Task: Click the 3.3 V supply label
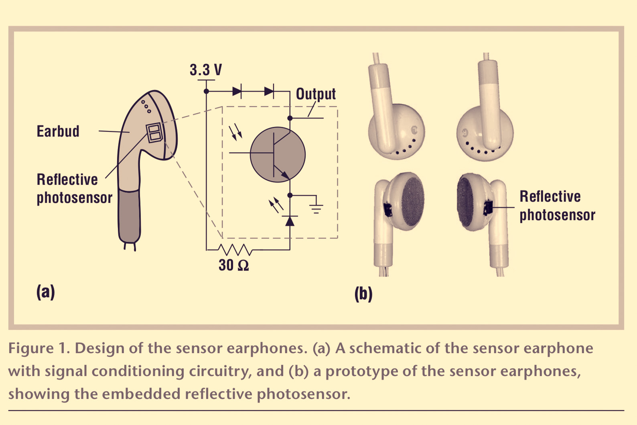tap(206, 70)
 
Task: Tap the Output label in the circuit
tap(316, 94)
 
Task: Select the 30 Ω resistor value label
tap(234, 265)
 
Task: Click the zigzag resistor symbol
tap(235, 249)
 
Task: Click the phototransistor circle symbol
tap(278, 154)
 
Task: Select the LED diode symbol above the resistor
tap(290, 221)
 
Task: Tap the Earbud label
tap(58, 131)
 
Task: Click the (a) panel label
tap(45, 292)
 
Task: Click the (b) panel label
tap(363, 294)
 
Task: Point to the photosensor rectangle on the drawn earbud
tap(154, 133)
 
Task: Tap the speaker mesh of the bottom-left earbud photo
tap(413, 201)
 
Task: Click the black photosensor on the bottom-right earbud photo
tap(488, 208)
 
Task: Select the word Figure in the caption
tap(31, 348)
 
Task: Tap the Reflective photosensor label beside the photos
tap(558, 206)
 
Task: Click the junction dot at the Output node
tap(290, 118)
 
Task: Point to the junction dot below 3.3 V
tap(207, 91)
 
